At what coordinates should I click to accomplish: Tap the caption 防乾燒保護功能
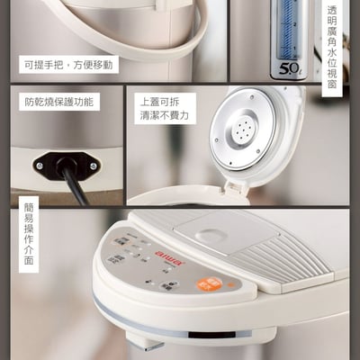(58, 102)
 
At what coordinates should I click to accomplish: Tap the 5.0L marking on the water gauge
(288, 67)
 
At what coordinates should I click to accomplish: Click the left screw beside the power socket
(39, 165)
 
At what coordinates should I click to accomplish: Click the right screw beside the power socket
(94, 166)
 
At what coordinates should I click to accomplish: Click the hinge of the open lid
(236, 186)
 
